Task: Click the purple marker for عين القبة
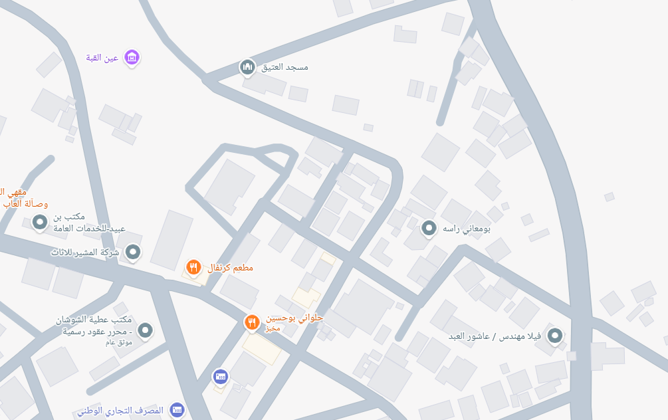click(132, 58)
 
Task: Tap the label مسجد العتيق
click(284, 67)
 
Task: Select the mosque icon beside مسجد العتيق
click(247, 66)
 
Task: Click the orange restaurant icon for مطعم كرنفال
click(193, 267)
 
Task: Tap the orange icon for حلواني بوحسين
click(251, 322)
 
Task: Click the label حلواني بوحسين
click(294, 318)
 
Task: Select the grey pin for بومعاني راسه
click(429, 229)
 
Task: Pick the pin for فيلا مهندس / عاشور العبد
click(554, 336)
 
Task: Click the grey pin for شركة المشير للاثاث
click(134, 252)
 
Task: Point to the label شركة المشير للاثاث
click(85, 253)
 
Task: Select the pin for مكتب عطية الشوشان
click(146, 329)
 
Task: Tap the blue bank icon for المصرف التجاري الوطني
click(176, 410)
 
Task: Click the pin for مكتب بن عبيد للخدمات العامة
click(40, 221)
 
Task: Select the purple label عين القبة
click(102, 58)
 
